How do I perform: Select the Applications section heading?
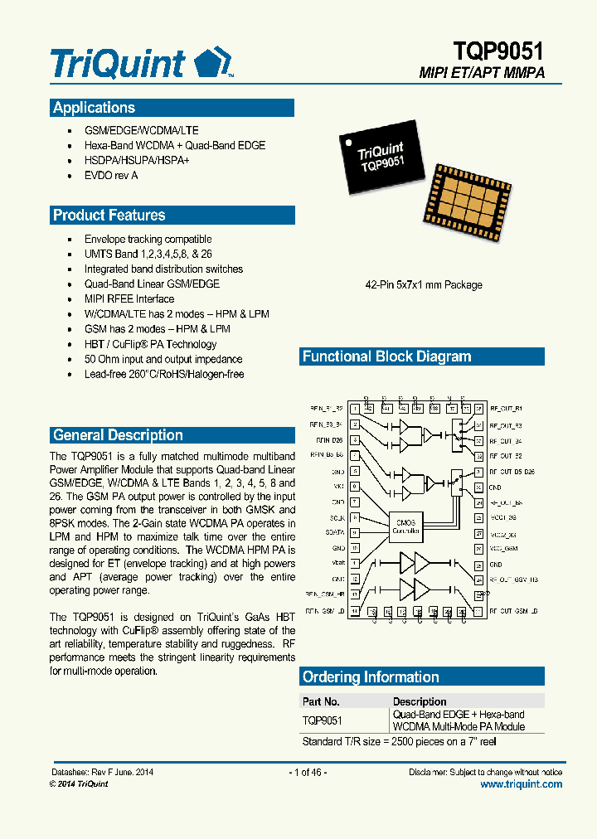pos(94,108)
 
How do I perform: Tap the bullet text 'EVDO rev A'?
pos(111,176)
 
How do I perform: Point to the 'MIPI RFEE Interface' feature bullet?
pos(129,299)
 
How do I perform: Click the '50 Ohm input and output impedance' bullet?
pos(163,360)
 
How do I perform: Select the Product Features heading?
pos(109,216)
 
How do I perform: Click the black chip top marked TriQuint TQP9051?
pos(381,158)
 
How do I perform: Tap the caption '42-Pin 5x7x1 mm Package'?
pos(424,285)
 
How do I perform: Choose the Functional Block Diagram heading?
pos(386,357)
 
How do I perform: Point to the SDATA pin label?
pos(334,533)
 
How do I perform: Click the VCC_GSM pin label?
pos(503,549)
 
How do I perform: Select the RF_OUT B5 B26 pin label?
pos(512,472)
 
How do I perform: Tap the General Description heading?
pos(118,435)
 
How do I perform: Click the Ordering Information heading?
pos(371,677)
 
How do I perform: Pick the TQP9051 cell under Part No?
pos(323,721)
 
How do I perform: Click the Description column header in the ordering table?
pos(420,701)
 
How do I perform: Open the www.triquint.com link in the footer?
pos(521,784)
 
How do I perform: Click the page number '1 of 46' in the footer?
pos(308,772)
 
